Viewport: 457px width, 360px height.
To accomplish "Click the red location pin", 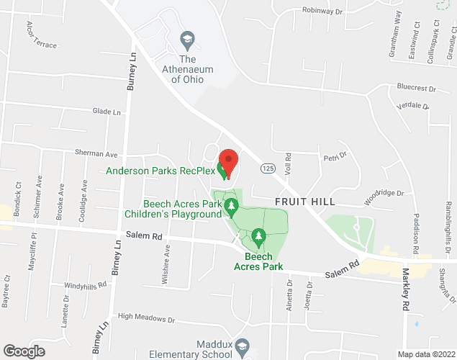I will pyautogui.click(x=228, y=162).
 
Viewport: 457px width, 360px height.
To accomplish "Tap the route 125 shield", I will pyautogui.click(x=268, y=168).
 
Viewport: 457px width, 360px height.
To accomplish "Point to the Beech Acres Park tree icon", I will pyautogui.click(x=258, y=236).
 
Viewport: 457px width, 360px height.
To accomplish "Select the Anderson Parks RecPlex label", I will pyautogui.click(x=160, y=171).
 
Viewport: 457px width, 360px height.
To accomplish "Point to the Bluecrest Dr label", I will pyautogui.click(x=417, y=88).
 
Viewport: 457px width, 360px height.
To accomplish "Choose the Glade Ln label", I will pyautogui.click(x=107, y=112).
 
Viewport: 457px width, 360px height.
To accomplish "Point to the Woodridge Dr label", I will pyautogui.click(x=384, y=193).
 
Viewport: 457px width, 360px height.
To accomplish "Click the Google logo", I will pyautogui.click(x=23, y=351).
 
